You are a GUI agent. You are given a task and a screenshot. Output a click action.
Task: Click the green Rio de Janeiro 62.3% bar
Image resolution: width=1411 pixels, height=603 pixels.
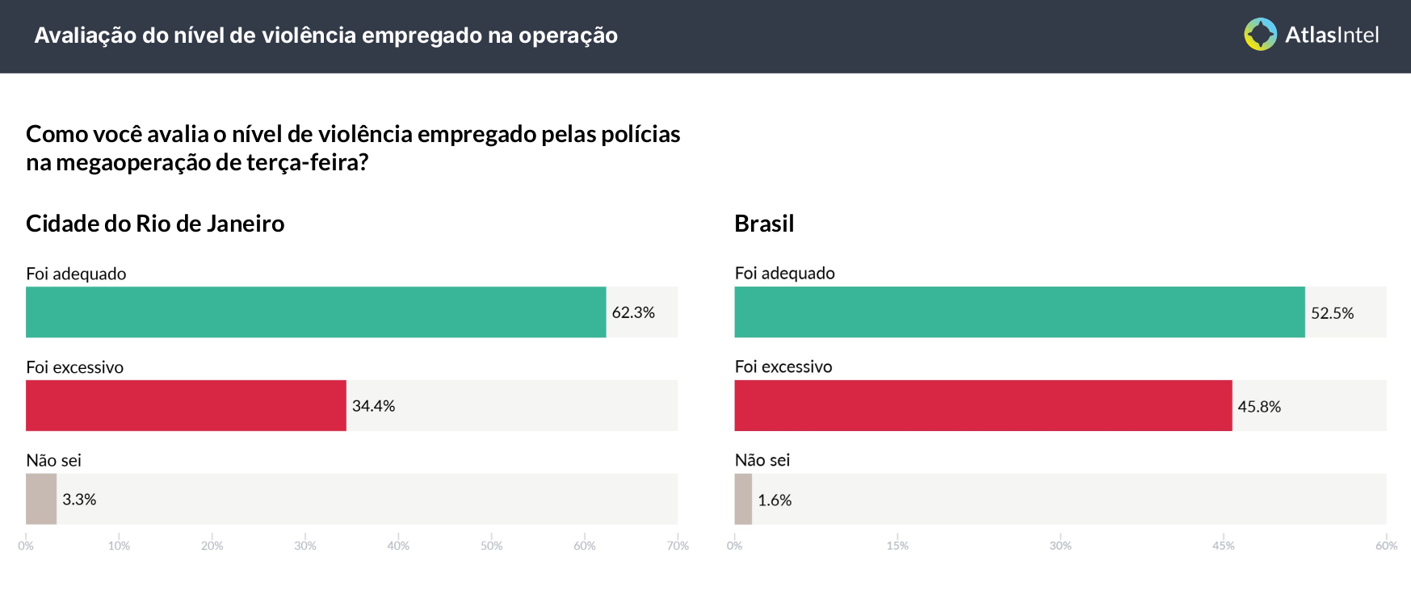point(315,312)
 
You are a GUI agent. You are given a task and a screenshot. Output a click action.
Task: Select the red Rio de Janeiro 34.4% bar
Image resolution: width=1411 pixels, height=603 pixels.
point(186,405)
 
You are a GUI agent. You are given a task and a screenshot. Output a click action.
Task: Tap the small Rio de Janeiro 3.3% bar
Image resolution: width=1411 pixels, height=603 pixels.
point(41,499)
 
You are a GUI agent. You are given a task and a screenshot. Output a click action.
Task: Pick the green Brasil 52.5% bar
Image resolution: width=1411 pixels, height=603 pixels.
point(1019,312)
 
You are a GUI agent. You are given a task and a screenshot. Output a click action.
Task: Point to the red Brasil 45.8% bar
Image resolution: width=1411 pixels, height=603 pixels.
point(983,405)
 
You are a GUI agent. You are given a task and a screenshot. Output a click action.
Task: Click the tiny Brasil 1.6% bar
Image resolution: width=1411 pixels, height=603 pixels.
point(743,499)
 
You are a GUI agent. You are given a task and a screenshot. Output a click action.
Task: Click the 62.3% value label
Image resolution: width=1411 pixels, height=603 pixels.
point(633,312)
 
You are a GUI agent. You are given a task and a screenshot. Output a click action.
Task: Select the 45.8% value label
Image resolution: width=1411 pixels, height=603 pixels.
point(1259,407)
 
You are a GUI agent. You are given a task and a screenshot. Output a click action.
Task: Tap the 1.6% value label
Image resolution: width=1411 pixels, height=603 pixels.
point(775,500)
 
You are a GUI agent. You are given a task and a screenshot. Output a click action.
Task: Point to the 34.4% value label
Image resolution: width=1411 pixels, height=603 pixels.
point(373,406)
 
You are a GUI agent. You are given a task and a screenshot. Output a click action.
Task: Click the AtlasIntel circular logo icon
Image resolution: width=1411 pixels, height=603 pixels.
point(1260,35)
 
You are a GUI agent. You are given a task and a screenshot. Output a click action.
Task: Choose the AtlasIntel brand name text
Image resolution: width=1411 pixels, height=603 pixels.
point(1332,35)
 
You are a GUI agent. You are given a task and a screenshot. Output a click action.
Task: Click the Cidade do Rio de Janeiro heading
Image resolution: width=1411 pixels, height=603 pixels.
point(155,224)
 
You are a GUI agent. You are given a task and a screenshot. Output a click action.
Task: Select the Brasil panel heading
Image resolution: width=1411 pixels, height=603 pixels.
point(764,224)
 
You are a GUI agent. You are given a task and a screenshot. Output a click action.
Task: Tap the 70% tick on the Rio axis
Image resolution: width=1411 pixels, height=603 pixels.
point(678,546)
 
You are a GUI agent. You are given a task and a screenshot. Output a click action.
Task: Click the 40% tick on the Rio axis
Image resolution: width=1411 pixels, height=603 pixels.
point(398,546)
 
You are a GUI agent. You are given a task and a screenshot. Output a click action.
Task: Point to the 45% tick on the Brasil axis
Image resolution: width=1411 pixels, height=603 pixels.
point(1223,546)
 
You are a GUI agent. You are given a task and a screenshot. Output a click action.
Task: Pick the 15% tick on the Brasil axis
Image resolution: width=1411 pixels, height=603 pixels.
point(897,546)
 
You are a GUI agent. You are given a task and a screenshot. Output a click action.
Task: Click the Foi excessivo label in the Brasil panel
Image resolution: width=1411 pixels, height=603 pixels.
point(783,366)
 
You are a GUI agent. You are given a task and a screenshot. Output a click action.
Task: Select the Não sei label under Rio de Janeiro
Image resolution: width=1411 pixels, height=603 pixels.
point(53,460)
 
